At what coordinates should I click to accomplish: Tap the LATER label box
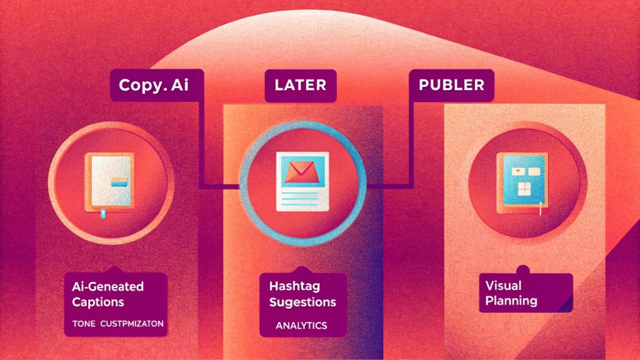point(301,85)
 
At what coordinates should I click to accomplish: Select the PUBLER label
point(451,85)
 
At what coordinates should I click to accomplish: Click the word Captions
point(98,302)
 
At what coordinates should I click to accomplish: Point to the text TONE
point(84,324)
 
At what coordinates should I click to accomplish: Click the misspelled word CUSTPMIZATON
point(132,324)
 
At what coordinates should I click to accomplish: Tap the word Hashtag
point(294,286)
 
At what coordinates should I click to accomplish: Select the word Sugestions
point(302,302)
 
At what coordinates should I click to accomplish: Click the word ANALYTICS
point(301,326)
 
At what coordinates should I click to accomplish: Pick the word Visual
point(503,285)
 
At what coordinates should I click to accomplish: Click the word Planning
point(511,301)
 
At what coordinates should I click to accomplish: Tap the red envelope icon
point(300,171)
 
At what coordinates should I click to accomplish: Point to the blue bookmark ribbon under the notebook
point(103,213)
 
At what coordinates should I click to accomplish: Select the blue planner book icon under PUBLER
point(522,184)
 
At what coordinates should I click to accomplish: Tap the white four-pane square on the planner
point(524,189)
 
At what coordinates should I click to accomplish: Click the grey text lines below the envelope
point(300,197)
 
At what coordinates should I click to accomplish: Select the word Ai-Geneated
point(107,286)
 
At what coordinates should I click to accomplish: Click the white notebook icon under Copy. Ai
point(109,182)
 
